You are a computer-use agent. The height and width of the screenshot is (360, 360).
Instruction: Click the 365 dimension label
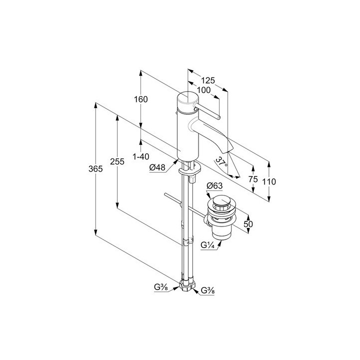click(95, 169)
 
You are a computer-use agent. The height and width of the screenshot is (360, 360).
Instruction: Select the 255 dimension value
click(117, 161)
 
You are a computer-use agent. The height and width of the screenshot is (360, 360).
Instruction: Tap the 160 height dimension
click(140, 99)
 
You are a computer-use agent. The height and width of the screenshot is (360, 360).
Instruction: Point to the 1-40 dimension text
click(141, 156)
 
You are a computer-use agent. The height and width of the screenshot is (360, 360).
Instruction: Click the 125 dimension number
click(208, 80)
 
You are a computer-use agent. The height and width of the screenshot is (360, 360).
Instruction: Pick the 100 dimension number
click(203, 90)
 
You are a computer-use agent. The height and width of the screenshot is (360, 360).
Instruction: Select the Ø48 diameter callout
click(157, 167)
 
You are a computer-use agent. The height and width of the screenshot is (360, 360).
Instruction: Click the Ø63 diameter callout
click(214, 185)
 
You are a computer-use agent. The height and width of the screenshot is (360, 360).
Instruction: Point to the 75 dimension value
click(253, 179)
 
